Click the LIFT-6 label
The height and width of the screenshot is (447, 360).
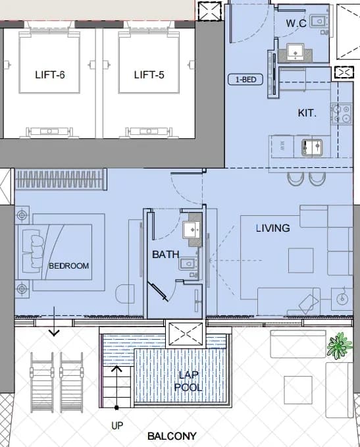50,74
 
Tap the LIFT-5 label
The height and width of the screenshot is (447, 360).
149,74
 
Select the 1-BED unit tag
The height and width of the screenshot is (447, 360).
245,79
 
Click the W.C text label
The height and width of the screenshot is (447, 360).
296,23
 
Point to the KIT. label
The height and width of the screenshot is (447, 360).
307,113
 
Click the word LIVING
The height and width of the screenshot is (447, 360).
272,228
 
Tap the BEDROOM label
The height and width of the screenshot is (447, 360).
68,266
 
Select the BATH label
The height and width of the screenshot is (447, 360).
166,254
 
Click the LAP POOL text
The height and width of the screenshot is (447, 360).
188,381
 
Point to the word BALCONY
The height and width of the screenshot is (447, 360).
172,436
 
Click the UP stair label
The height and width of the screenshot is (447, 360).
117,426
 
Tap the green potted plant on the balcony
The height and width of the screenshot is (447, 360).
339,346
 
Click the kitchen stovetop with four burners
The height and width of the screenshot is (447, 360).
342,114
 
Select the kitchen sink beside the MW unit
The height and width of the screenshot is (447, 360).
312,147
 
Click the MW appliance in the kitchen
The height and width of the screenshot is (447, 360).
282,146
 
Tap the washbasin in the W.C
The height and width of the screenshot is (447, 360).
296,53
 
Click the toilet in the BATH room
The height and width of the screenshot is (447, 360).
188,264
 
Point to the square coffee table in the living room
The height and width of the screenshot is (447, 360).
301,261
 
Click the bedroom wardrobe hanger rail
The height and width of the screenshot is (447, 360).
60,179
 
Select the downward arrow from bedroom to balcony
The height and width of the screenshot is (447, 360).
54,321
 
